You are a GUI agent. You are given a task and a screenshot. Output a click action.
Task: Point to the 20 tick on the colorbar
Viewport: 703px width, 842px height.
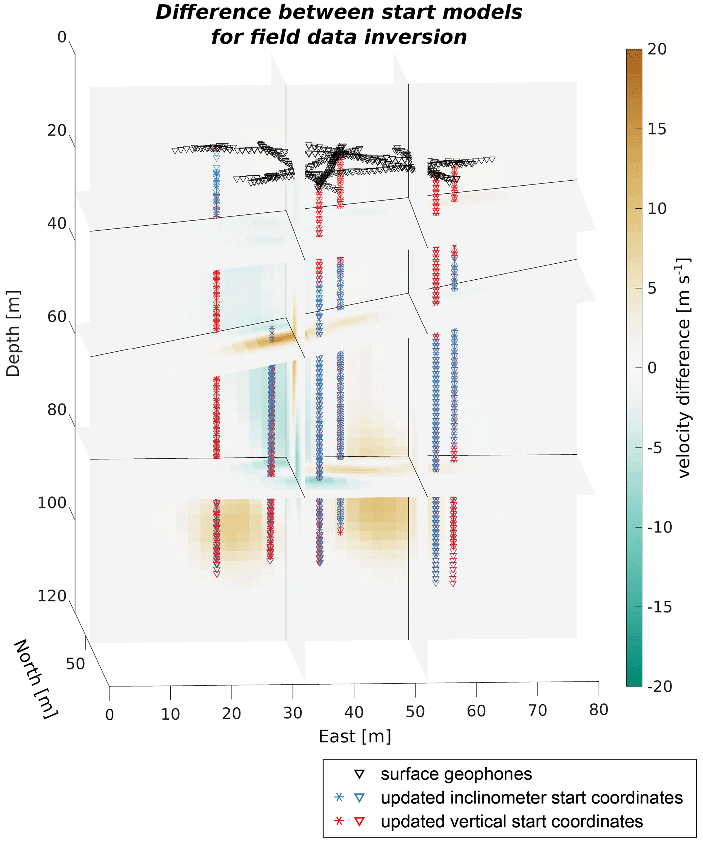pyautogui.click(x=656, y=49)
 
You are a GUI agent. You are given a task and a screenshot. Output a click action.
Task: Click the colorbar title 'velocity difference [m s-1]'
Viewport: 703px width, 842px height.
pyautogui.click(x=683, y=368)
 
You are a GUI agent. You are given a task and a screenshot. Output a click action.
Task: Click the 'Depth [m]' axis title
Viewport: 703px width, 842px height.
pyautogui.click(x=13, y=334)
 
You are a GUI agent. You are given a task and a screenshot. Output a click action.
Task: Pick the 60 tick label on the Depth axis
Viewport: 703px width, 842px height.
pyautogui.click(x=57, y=317)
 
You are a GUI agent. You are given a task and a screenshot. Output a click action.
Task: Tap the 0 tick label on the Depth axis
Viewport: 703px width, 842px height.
pyautogui.click(x=62, y=37)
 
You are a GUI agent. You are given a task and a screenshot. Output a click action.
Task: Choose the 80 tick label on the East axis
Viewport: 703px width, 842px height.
pyautogui.click(x=599, y=710)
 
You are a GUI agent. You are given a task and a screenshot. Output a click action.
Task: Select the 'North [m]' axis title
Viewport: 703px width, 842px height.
pyautogui.click(x=36, y=679)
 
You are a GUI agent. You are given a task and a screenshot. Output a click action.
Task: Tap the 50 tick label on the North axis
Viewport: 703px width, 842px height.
pyautogui.click(x=76, y=664)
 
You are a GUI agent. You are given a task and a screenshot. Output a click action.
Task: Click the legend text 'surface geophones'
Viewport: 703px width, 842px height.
pyautogui.click(x=456, y=774)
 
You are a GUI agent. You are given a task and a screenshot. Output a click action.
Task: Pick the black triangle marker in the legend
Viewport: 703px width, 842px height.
pyautogui.click(x=359, y=775)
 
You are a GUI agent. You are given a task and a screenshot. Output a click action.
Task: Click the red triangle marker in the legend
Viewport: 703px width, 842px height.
pyautogui.click(x=359, y=822)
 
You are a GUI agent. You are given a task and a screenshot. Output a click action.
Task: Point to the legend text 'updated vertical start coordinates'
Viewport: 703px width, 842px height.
pyautogui.click(x=512, y=822)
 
